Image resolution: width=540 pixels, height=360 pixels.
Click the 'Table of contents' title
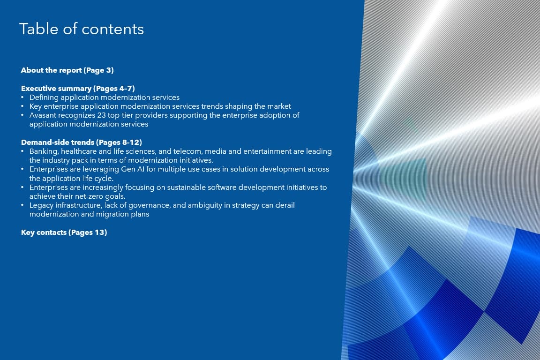point(82,29)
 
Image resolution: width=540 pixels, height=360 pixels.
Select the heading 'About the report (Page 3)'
point(67,70)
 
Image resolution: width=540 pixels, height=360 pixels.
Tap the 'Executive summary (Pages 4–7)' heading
point(78,89)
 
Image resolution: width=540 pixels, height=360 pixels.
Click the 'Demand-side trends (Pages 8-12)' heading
point(81,142)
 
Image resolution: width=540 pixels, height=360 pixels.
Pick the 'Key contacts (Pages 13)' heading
point(64,232)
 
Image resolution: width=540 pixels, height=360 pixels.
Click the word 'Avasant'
point(43,115)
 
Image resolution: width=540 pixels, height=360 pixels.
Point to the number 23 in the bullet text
point(101,115)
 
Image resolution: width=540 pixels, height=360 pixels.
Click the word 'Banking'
point(44,151)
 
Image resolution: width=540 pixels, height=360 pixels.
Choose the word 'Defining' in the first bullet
point(44,97)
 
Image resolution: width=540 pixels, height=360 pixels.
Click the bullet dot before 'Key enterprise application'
point(22,106)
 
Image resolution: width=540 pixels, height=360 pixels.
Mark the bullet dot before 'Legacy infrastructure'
point(22,205)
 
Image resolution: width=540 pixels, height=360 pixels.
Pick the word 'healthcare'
point(79,151)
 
